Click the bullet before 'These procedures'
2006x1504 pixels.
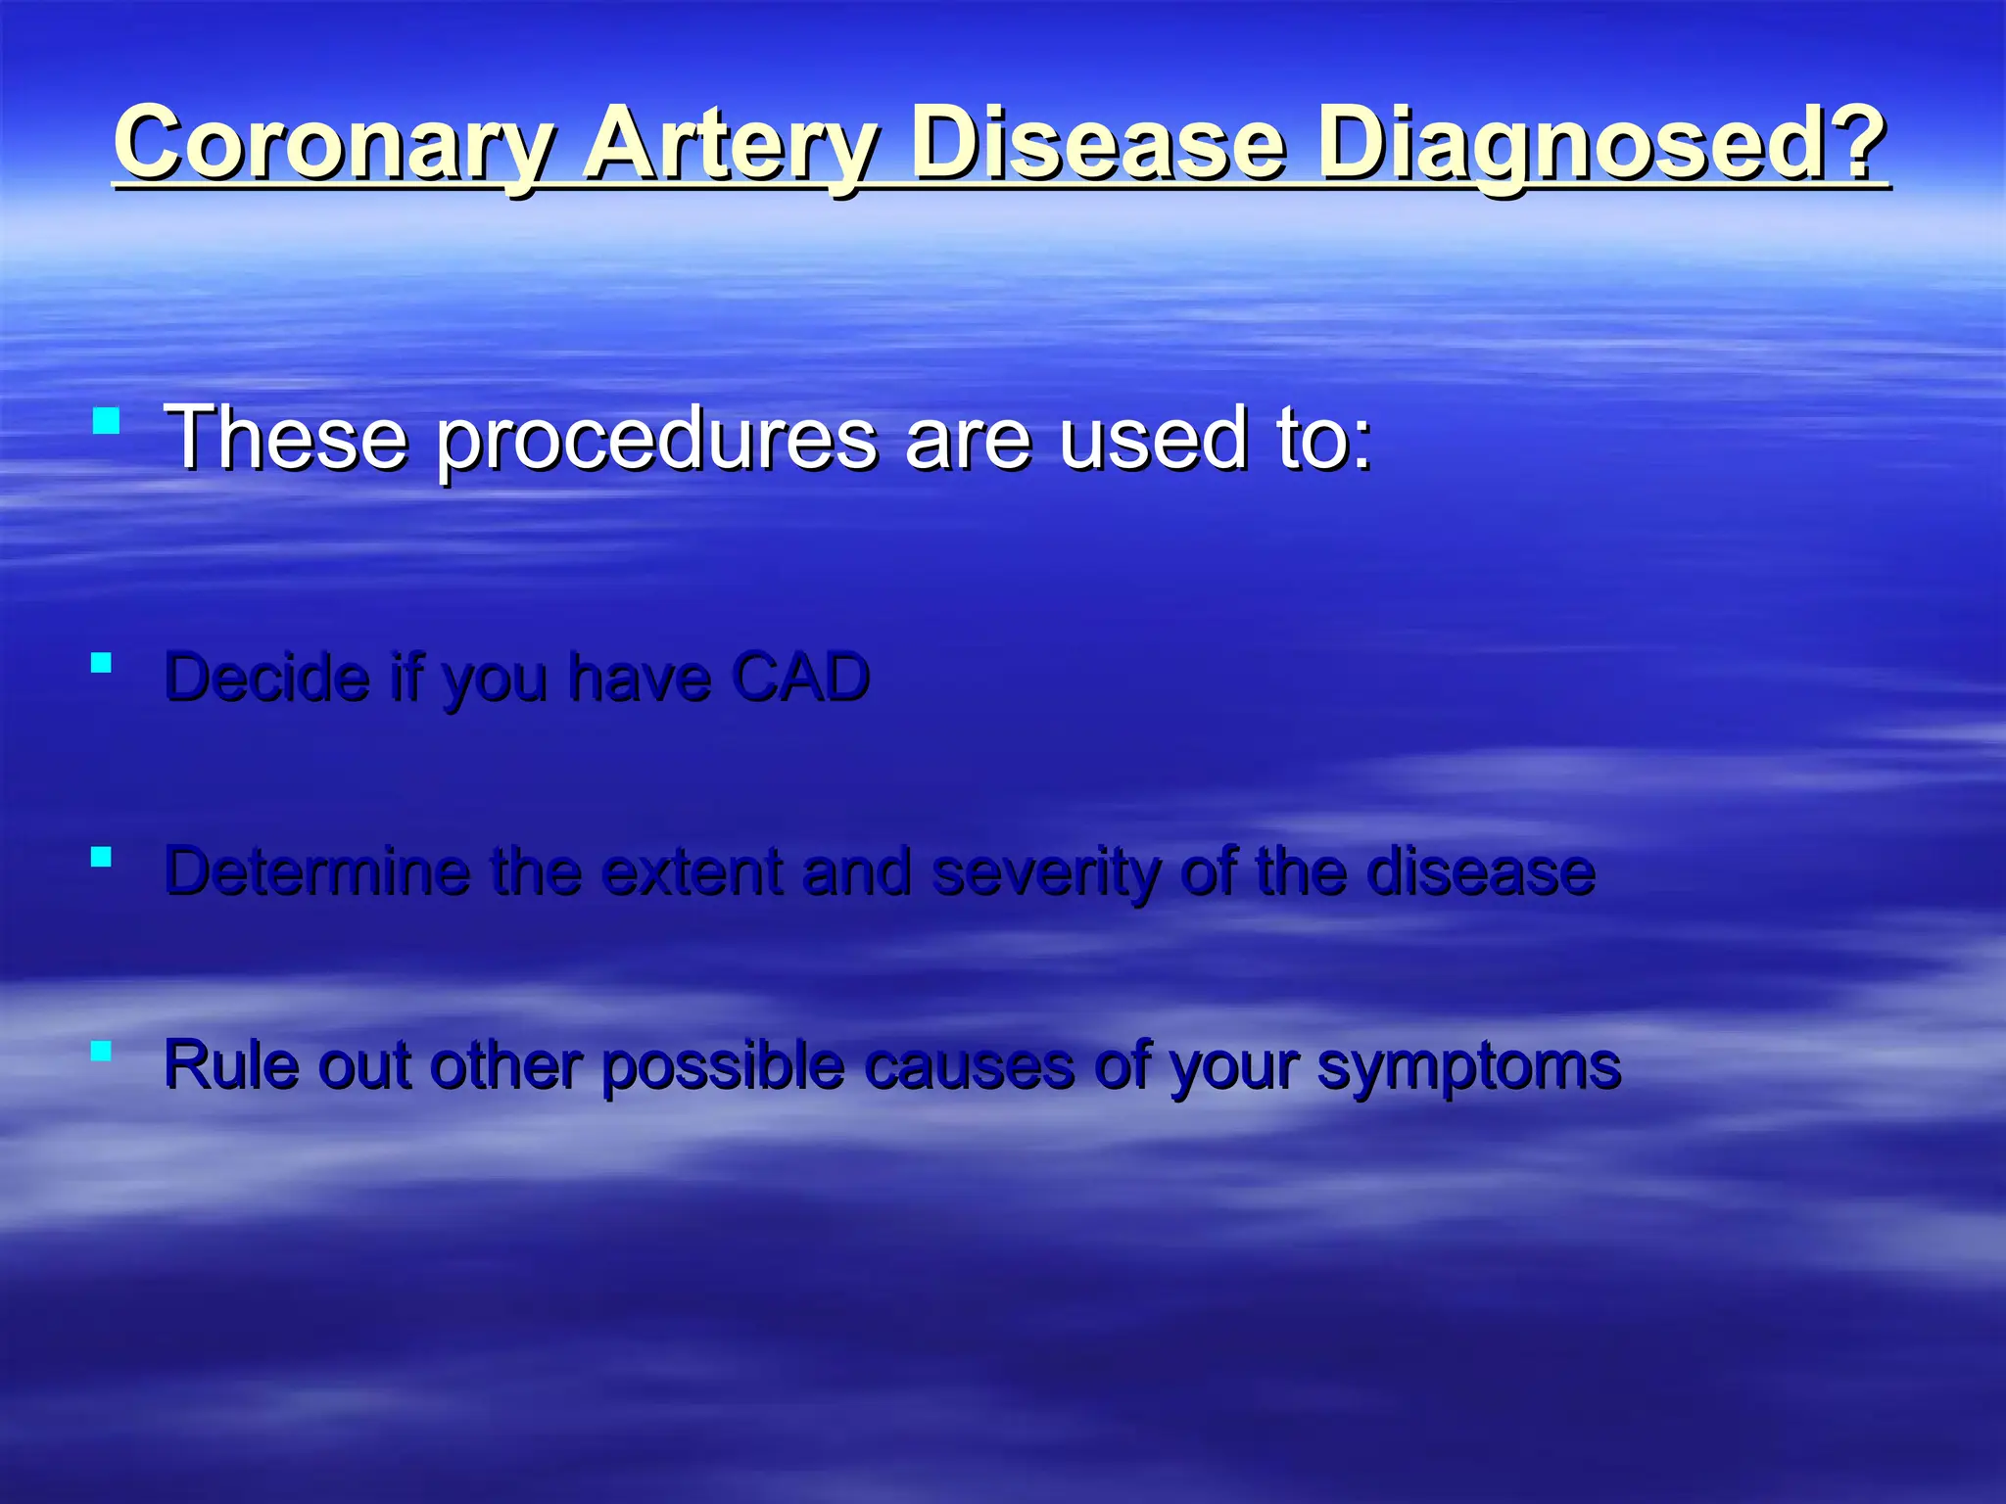106,422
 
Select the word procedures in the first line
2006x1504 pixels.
656,440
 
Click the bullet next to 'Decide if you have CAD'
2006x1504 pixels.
101,663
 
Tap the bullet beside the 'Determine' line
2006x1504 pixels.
101,857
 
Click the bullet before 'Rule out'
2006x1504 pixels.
101,1051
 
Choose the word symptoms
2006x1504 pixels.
1468,1066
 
